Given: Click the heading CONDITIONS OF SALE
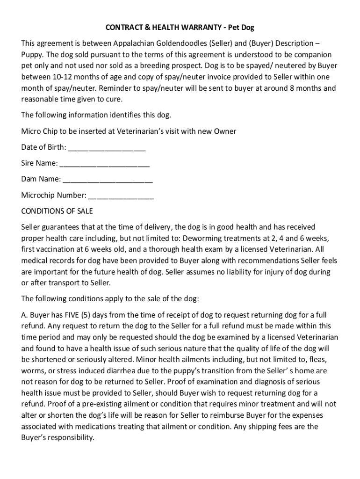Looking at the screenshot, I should pyautogui.click(x=57, y=211).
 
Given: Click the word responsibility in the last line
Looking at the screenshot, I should pyautogui.click(x=70, y=438).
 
